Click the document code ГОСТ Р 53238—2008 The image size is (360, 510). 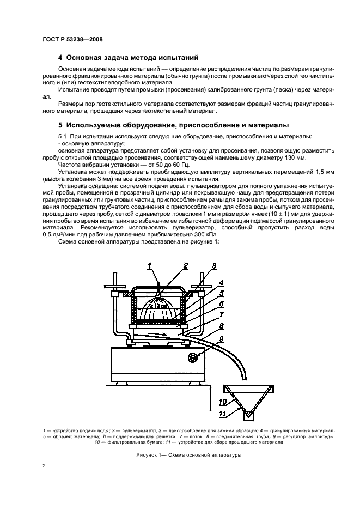coord(72,39)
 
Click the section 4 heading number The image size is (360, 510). coord(60,57)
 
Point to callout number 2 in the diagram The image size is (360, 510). coord(185,266)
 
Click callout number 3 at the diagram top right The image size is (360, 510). coord(214,266)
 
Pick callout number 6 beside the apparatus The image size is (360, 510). coord(221,305)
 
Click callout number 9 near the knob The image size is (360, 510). coord(221,339)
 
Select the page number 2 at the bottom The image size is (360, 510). coord(44,466)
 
